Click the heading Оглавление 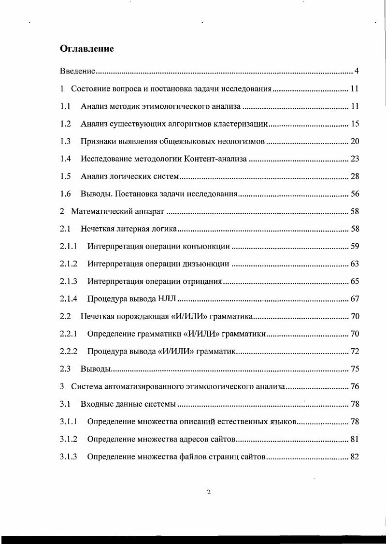(x=87, y=48)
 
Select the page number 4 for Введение (x=357, y=71)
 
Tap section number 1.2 (x=66, y=124)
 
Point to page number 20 (x=354, y=141)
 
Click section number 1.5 (x=66, y=176)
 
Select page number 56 (x=354, y=194)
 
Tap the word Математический (x=101, y=211)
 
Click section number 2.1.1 (x=69, y=246)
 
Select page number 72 (x=354, y=351)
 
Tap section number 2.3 (x=66, y=369)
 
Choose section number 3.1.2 (x=69, y=439)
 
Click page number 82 (x=354, y=456)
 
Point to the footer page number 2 (x=209, y=492)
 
